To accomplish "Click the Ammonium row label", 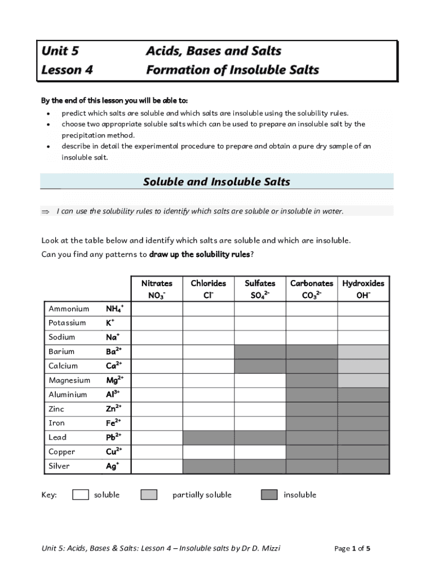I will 69,309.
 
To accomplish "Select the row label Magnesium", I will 69,380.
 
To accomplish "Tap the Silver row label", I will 60,466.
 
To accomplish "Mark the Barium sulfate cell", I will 260,352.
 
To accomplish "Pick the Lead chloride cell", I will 208,437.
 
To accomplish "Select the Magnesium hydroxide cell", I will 364,380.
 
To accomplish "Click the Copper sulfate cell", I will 260,452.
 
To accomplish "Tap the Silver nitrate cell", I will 157,466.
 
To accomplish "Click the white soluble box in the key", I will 81,495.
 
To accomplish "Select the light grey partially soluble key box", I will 149,495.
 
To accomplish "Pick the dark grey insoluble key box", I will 269,495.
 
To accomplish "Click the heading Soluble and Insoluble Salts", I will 216,181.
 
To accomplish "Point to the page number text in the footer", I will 352,548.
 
